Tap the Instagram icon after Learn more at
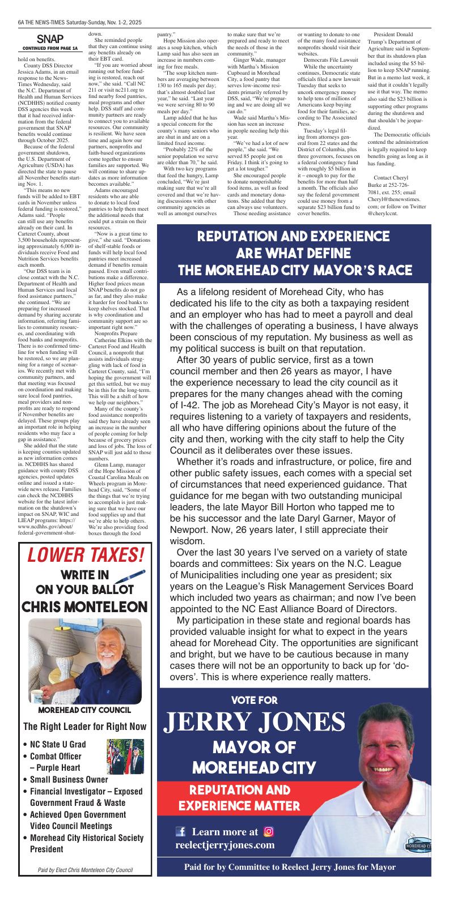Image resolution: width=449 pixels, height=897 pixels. coord(269,831)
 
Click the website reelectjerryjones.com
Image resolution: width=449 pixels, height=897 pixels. coord(225,845)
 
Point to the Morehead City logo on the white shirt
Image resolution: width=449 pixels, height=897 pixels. coord(418,846)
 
